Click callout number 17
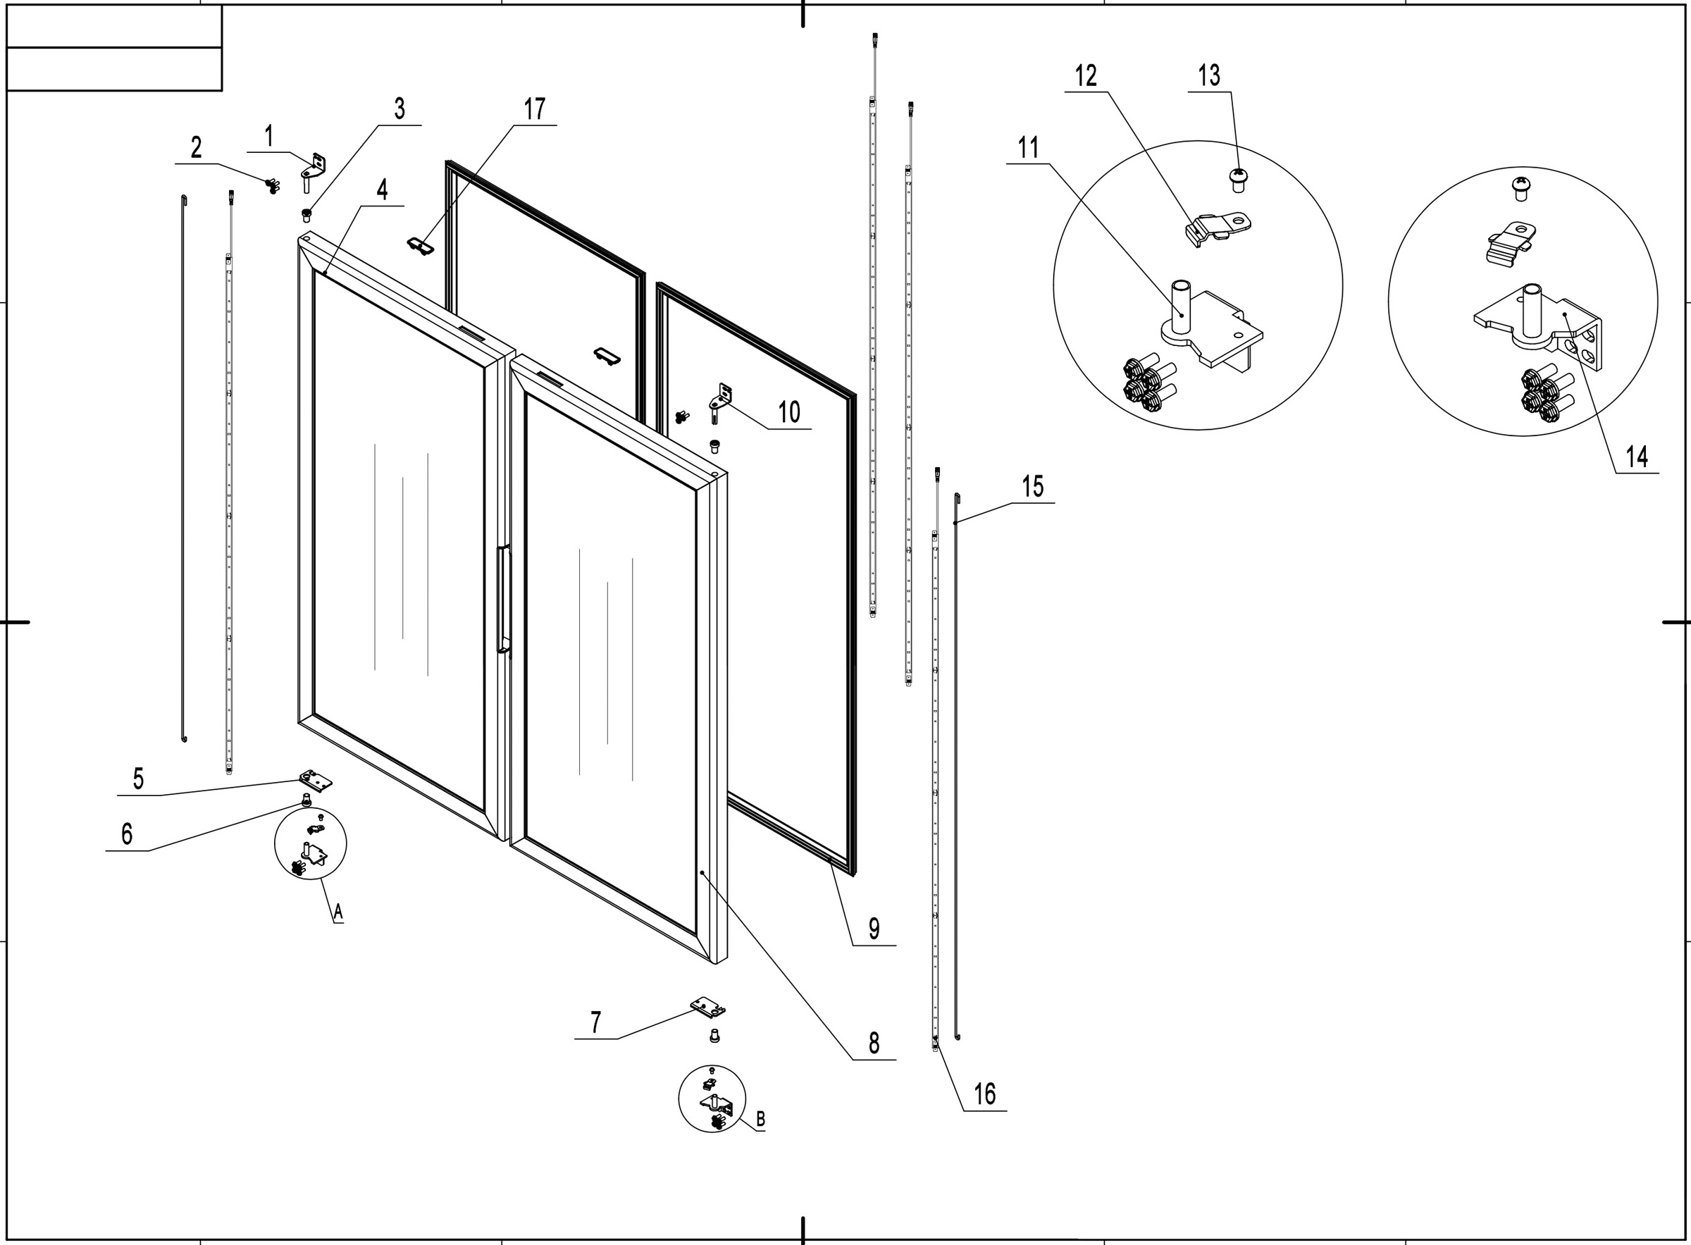click(x=534, y=110)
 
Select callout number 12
click(x=1086, y=76)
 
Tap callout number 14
click(x=1636, y=457)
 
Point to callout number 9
click(x=874, y=929)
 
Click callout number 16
click(x=984, y=1094)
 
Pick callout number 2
click(x=196, y=148)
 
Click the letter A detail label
click(x=338, y=912)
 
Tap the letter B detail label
click(x=760, y=1120)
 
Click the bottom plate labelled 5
click(x=316, y=779)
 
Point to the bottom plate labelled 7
click(x=707, y=1007)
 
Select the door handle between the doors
click(x=502, y=599)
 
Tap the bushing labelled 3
click(x=306, y=216)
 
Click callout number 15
click(x=1032, y=488)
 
